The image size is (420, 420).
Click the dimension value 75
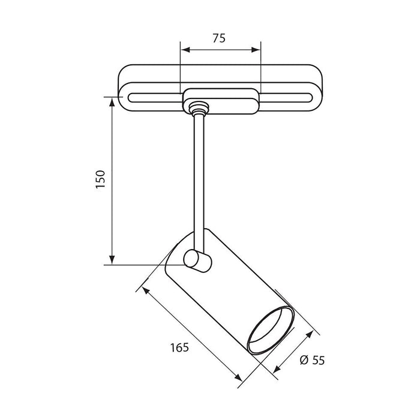tap(219, 38)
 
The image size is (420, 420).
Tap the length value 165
tap(179, 347)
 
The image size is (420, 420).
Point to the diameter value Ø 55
tap(311, 360)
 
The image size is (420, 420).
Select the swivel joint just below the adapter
tap(197, 109)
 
